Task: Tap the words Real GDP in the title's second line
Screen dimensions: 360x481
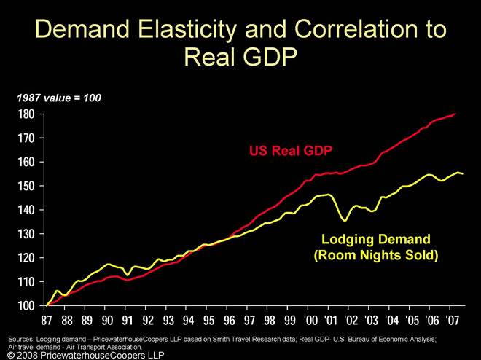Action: pyautogui.click(x=240, y=56)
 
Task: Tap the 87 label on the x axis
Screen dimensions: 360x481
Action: pyautogui.click(x=46, y=321)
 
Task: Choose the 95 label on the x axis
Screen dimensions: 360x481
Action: pyautogui.click(x=208, y=321)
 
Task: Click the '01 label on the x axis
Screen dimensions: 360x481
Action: pyautogui.click(x=330, y=321)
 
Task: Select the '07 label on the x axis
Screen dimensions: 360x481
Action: pyautogui.click(x=452, y=321)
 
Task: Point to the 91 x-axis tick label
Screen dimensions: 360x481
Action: pyautogui.click(x=127, y=321)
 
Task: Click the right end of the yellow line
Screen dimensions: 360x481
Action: pyautogui.click(x=463, y=173)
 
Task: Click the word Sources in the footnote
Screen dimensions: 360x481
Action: pyautogui.click(x=23, y=339)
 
